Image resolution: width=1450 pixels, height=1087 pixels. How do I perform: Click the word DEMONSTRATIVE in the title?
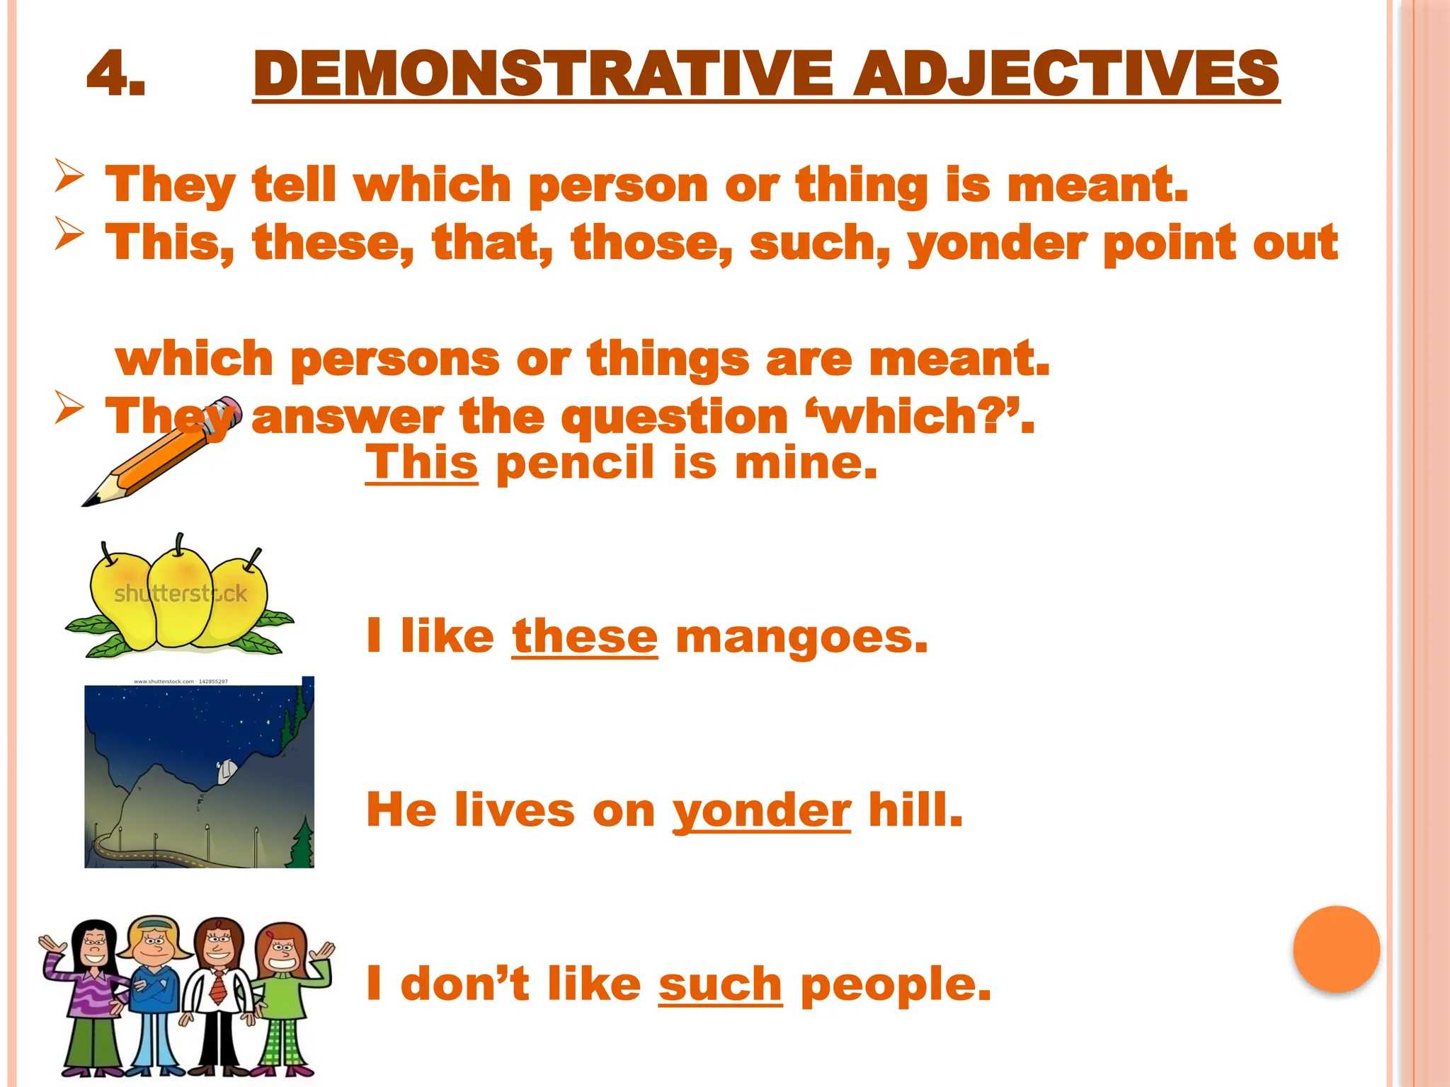pos(542,74)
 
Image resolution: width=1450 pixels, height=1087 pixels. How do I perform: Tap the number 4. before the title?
pos(116,74)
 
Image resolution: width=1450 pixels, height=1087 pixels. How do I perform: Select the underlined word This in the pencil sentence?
pos(421,463)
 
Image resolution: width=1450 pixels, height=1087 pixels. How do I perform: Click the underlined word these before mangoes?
pos(585,636)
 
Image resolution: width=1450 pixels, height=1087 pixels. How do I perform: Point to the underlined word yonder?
pos(761,811)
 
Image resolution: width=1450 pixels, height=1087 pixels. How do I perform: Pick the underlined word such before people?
pos(720,984)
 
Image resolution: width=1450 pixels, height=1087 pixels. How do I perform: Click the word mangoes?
pos(801,637)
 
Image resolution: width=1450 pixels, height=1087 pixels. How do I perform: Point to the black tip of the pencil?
pos(89,502)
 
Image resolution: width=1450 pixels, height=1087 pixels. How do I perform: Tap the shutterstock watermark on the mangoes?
pos(181,593)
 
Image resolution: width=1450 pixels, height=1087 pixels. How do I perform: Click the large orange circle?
pos(1336,949)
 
